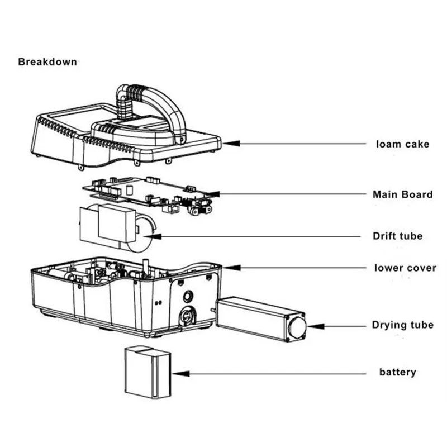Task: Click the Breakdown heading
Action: click(x=47, y=61)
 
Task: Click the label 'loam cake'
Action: click(x=402, y=144)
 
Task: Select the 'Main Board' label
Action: click(x=402, y=194)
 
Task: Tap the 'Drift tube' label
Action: click(x=398, y=236)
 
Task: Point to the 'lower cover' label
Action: click(x=405, y=268)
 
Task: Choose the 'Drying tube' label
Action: click(x=402, y=325)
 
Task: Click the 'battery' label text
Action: click(x=398, y=372)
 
